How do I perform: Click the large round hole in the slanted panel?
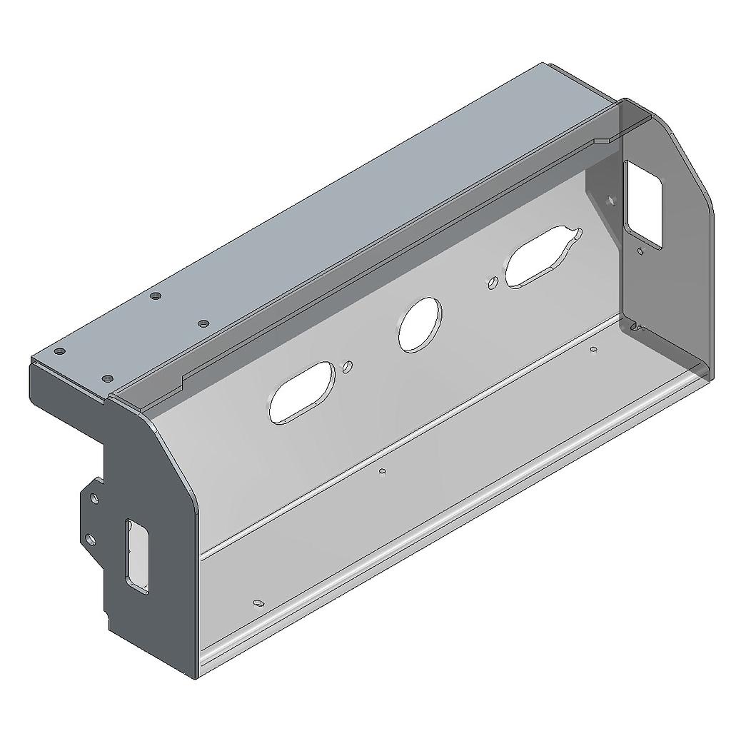coord(420,325)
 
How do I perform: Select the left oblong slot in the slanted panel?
coord(302,393)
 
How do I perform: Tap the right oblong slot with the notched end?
coord(541,258)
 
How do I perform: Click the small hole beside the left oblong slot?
coord(348,367)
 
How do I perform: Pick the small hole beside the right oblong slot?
coord(492,283)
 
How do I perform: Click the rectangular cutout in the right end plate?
coord(643,204)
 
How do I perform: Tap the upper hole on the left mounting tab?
coord(94,498)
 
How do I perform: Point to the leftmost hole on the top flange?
coord(60,352)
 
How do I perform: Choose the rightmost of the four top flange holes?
coord(203,323)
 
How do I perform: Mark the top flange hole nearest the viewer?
coord(107,378)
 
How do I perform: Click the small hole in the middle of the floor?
coord(383,471)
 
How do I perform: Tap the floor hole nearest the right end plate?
coord(593,350)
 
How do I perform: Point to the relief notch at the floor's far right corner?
coord(637,328)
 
